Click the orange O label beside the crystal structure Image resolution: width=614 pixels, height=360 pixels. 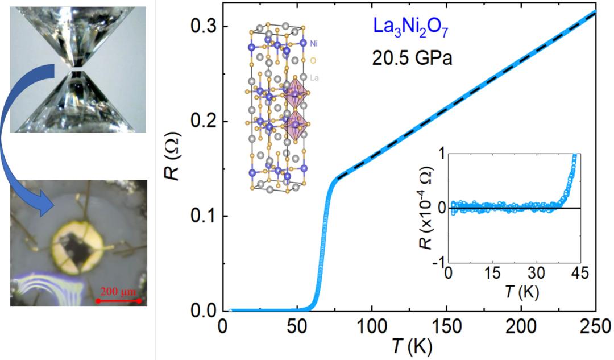click(313, 60)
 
